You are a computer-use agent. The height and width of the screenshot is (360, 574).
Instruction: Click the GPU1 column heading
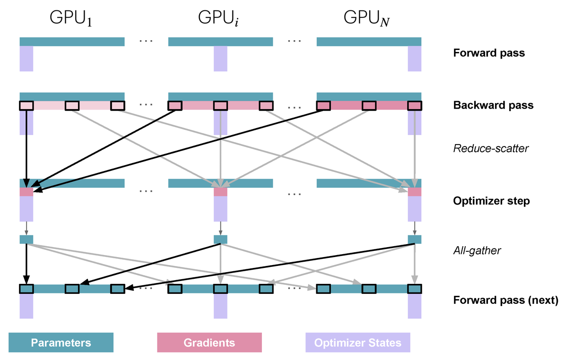pos(71,18)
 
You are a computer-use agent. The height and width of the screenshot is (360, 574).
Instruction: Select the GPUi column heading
pos(218,18)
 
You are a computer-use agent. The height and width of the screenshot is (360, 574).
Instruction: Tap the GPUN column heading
pos(366,18)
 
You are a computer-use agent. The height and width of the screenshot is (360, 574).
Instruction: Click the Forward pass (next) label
pos(505,300)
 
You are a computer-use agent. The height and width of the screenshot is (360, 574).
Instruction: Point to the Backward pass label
pos(493,105)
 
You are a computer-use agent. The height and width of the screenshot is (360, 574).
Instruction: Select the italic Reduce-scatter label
pos(491,148)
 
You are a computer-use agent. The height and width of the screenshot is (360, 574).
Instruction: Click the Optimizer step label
pos(491,201)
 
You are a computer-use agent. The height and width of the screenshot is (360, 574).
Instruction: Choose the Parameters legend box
pos(61,343)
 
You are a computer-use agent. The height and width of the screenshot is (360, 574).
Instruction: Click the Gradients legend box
pos(209,343)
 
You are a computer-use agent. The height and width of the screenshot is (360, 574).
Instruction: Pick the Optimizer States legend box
pos(358,343)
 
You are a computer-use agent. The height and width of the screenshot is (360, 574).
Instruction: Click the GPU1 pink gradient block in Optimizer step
pos(26,192)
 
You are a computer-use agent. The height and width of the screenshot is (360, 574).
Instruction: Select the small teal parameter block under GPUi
pos(220,240)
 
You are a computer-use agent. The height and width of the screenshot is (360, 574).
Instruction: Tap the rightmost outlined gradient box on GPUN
pos(415,106)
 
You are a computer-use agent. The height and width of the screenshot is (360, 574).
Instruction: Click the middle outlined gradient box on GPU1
pos(72,106)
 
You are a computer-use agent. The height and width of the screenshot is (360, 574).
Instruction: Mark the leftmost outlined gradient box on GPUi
pos(175,106)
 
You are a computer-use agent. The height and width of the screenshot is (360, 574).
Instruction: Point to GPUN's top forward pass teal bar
pos(369,42)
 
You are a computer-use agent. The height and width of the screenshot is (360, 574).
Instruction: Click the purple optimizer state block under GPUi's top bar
pos(220,59)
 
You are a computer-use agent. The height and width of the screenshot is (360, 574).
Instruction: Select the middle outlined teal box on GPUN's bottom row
pos(369,289)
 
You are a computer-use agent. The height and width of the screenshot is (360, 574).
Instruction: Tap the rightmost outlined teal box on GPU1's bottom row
pos(118,289)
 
